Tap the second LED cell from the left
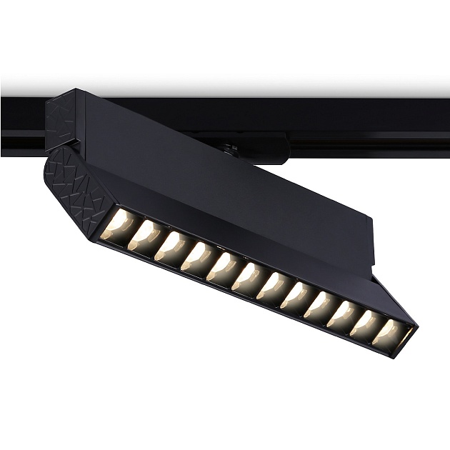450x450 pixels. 145,236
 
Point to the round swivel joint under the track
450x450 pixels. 230,149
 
